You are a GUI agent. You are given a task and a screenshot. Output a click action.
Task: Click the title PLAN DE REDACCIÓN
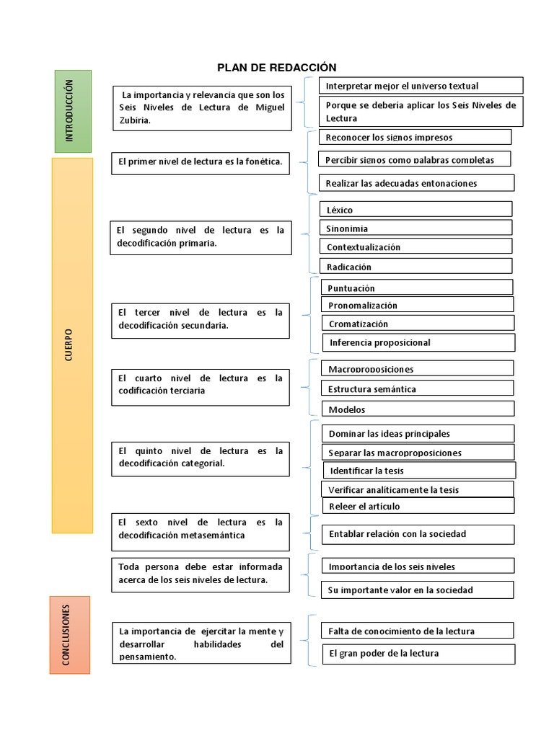[277, 68]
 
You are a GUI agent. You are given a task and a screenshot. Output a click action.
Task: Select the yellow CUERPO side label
[72, 345]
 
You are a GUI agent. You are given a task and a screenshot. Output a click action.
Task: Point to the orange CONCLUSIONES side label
[69, 634]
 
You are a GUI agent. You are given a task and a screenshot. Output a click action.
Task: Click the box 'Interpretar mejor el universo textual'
[421, 86]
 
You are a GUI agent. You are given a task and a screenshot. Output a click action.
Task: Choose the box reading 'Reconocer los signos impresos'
[415, 137]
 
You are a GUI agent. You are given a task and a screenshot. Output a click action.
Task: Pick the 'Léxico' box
[416, 209]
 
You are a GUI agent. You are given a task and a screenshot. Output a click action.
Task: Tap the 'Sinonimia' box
[416, 228]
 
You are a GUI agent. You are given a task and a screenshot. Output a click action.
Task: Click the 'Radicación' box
[416, 266]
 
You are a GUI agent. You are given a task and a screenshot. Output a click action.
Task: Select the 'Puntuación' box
[416, 288]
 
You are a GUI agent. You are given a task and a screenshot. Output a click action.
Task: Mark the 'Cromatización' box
[417, 324]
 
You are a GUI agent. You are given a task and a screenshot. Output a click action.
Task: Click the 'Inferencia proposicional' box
[418, 342]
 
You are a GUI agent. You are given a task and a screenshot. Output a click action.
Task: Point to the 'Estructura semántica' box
[417, 388]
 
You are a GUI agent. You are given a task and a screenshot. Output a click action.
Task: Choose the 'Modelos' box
[417, 409]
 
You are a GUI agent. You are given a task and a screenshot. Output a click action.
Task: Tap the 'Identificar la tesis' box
[418, 471]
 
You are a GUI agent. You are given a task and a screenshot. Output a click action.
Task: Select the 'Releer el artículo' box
[418, 506]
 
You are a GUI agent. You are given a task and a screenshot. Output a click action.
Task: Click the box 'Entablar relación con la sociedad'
[418, 534]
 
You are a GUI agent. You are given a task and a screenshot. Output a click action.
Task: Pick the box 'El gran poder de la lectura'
[418, 654]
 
